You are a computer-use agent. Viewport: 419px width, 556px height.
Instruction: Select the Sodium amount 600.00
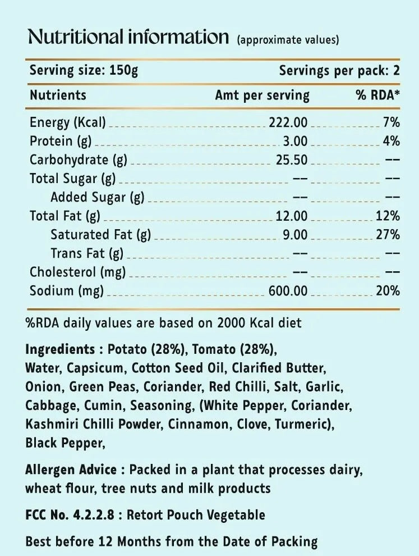pos(288,291)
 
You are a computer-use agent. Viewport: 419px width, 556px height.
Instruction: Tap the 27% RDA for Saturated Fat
pos(388,235)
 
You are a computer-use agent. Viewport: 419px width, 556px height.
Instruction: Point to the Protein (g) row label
pos(61,141)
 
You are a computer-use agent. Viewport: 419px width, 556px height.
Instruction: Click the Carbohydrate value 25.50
pos(292,160)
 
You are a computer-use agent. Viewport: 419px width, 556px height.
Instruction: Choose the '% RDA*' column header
pos(377,95)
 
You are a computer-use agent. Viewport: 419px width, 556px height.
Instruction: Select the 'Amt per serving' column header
pos(262,95)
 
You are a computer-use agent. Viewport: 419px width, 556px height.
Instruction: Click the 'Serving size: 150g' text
pos(84,71)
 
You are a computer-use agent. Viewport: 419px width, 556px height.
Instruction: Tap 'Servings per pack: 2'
pos(339,71)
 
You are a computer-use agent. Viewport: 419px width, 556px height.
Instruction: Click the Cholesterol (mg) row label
pos(77,272)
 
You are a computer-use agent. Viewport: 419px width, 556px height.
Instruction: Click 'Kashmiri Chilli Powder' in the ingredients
pos(94,424)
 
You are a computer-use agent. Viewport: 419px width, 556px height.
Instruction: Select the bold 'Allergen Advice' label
pos(71,470)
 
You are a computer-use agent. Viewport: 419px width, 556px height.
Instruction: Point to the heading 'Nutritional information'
pos(128,37)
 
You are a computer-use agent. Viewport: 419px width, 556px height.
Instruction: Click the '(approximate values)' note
pos(288,40)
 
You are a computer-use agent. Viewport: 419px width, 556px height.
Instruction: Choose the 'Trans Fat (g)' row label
pos(87,253)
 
